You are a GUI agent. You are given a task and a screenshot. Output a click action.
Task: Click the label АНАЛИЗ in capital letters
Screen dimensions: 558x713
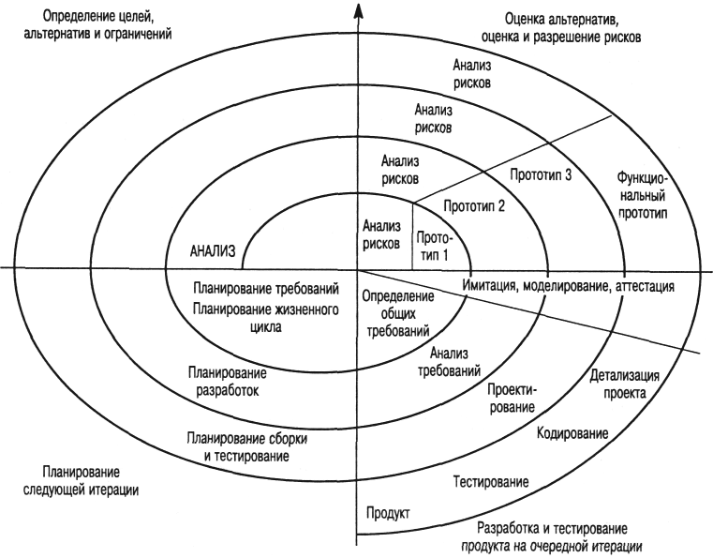[x=211, y=250]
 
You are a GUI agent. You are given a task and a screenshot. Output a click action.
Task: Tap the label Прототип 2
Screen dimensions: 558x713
[x=474, y=204]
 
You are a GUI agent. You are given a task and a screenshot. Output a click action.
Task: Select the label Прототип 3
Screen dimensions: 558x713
[x=541, y=173]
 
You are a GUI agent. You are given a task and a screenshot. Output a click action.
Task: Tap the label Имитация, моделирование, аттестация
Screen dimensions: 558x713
[x=568, y=285]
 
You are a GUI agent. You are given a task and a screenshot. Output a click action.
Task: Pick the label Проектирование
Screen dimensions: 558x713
[x=512, y=400]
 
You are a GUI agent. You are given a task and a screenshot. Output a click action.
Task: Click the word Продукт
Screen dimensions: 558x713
[x=387, y=511]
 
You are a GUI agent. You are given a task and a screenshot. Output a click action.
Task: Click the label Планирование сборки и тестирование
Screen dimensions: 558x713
[x=245, y=445]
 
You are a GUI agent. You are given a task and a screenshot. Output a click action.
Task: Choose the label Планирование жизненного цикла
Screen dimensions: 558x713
[x=264, y=318]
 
